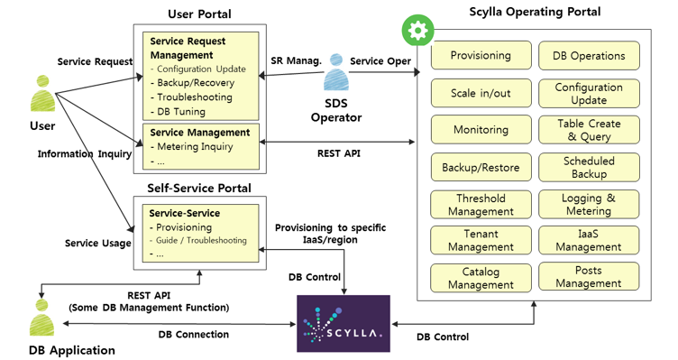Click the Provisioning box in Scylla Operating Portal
(481, 56)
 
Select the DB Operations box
(589, 56)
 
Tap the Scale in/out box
(481, 93)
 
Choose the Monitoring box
(481, 130)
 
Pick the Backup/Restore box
(481, 168)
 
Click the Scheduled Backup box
(589, 167)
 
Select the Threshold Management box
(481, 205)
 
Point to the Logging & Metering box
(589, 205)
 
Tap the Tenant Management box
(481, 241)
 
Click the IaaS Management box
(589, 240)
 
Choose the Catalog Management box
(481, 278)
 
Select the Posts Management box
(589, 277)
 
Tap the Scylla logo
(344, 323)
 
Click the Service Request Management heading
(188, 48)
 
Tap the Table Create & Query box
(589, 130)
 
